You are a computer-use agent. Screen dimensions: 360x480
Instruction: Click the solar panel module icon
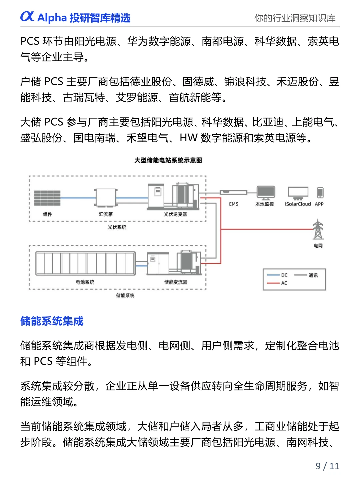point(47,198)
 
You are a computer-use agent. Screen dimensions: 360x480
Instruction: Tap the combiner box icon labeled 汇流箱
point(106,198)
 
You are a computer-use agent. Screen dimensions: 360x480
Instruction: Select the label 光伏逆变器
point(175,214)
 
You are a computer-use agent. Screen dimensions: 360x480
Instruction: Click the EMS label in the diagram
point(234,204)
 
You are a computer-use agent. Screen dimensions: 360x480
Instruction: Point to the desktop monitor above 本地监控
point(266,193)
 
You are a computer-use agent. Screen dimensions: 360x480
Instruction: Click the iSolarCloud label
point(298,204)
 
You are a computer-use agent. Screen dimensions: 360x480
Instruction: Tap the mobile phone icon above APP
point(320,193)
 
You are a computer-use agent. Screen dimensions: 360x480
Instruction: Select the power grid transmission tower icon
point(318,230)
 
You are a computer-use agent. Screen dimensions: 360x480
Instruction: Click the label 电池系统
point(85,282)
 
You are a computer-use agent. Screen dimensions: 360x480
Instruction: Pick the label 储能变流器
point(176,282)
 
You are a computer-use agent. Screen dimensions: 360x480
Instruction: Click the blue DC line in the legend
point(273,275)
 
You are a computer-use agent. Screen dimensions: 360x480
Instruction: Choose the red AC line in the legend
point(273,283)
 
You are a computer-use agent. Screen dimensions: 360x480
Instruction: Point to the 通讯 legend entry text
point(313,275)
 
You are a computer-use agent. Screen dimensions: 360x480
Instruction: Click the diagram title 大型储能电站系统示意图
point(168,160)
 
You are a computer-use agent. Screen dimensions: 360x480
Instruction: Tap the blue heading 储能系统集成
point(52,321)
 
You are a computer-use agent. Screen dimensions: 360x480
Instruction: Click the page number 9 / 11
point(327,466)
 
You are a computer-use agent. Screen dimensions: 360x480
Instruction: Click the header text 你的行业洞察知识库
point(295,18)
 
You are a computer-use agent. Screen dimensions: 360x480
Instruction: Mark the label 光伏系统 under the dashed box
point(117,227)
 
